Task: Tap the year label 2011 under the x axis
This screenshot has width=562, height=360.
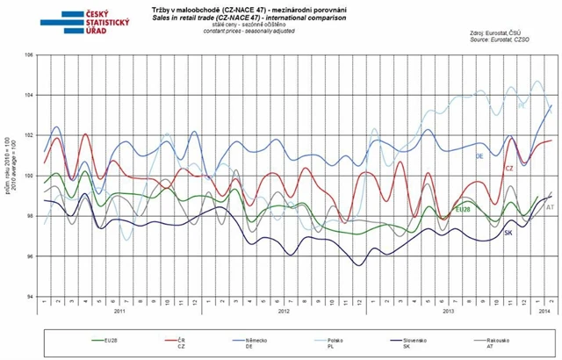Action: [x=122, y=312]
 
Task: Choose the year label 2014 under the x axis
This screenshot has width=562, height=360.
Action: [x=543, y=312]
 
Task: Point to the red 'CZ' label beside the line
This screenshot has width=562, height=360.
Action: [x=508, y=168]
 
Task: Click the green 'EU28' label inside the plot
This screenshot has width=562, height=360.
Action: [x=463, y=211]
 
